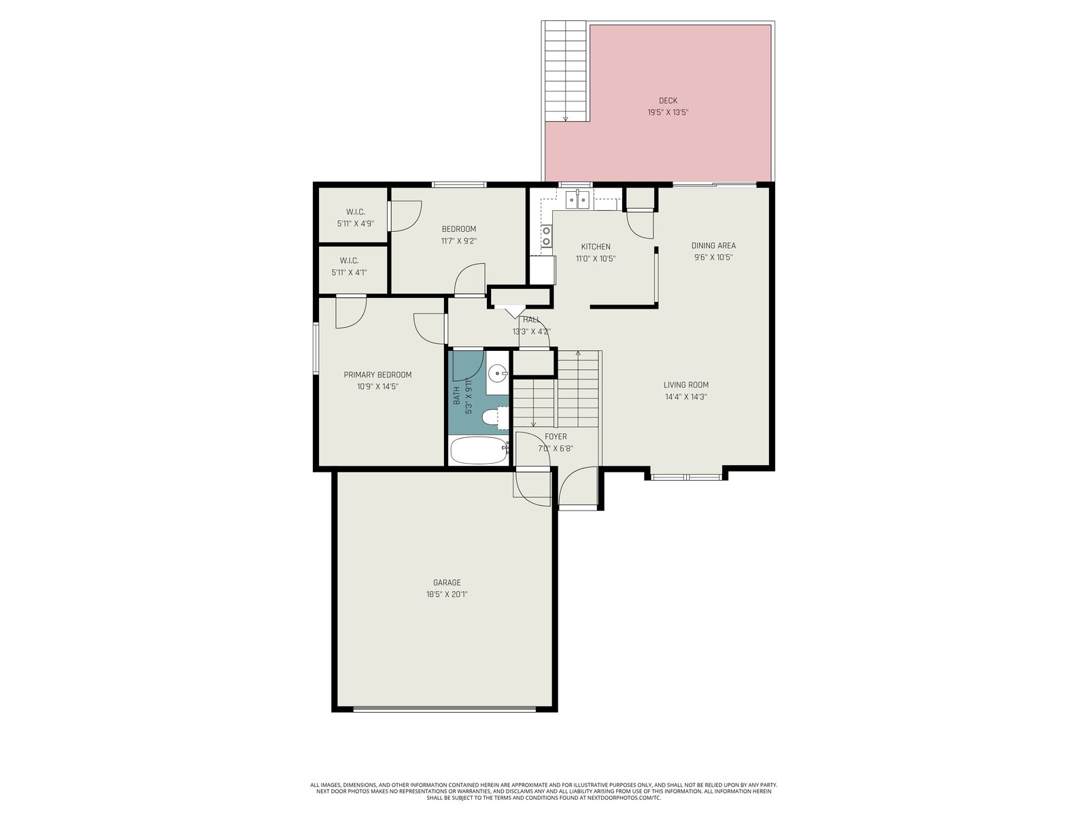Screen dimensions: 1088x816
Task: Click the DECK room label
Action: (x=668, y=101)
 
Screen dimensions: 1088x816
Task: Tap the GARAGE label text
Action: (x=447, y=583)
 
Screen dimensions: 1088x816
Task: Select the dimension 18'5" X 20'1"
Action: (x=447, y=594)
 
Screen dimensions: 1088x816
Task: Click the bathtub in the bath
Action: (x=478, y=450)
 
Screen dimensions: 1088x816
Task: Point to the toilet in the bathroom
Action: (x=496, y=417)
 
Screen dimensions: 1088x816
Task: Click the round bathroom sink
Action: (x=497, y=373)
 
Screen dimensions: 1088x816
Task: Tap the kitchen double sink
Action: (x=577, y=200)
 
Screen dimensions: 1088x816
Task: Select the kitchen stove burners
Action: (x=546, y=235)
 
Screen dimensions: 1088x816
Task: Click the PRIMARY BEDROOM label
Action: (x=377, y=375)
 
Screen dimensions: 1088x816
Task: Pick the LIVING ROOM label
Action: (x=686, y=384)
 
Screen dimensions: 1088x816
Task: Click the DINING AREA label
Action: (x=713, y=245)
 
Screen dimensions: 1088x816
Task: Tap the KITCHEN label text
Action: (x=595, y=246)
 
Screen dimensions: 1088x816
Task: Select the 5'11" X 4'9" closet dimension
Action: (x=356, y=224)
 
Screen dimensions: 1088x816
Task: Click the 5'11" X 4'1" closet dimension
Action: (x=350, y=273)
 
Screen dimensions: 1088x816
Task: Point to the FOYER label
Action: (x=556, y=437)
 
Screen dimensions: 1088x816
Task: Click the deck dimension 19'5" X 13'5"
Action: (x=668, y=112)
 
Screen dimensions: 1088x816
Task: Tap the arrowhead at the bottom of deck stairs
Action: (x=565, y=119)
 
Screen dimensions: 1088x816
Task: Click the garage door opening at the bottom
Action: (x=445, y=709)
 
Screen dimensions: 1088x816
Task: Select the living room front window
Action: (x=686, y=477)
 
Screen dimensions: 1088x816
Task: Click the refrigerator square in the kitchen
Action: (x=543, y=270)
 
